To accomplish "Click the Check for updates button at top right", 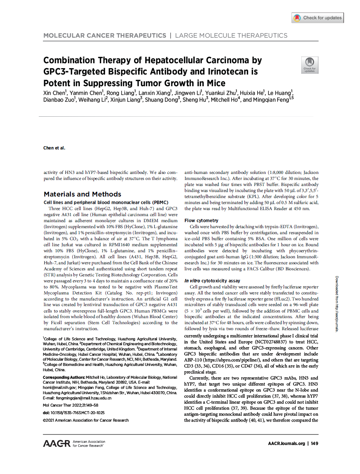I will pyautogui.click(x=317, y=18).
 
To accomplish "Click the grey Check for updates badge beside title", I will pyautogui.click(x=310, y=65).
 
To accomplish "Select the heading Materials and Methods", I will pyautogui.click(x=82, y=194).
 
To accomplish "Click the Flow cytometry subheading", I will pyautogui.click(x=201, y=221).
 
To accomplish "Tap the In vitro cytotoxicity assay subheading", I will pyautogui.click(x=212, y=281).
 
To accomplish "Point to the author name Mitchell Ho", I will pyautogui.click(x=224, y=100).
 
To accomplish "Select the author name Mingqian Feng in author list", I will pyautogui.click(x=266, y=100).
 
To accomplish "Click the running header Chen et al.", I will pyautogui.click(x=54, y=148).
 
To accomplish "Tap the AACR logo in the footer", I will pyautogui.click(x=56, y=444).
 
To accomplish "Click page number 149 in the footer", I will pyautogui.click(x=314, y=444).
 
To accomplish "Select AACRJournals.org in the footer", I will pyautogui.click(x=286, y=444).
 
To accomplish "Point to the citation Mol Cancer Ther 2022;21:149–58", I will pyautogui.click(x=70, y=405).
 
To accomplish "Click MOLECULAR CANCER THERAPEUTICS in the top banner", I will pyautogui.click(x=105, y=35).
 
